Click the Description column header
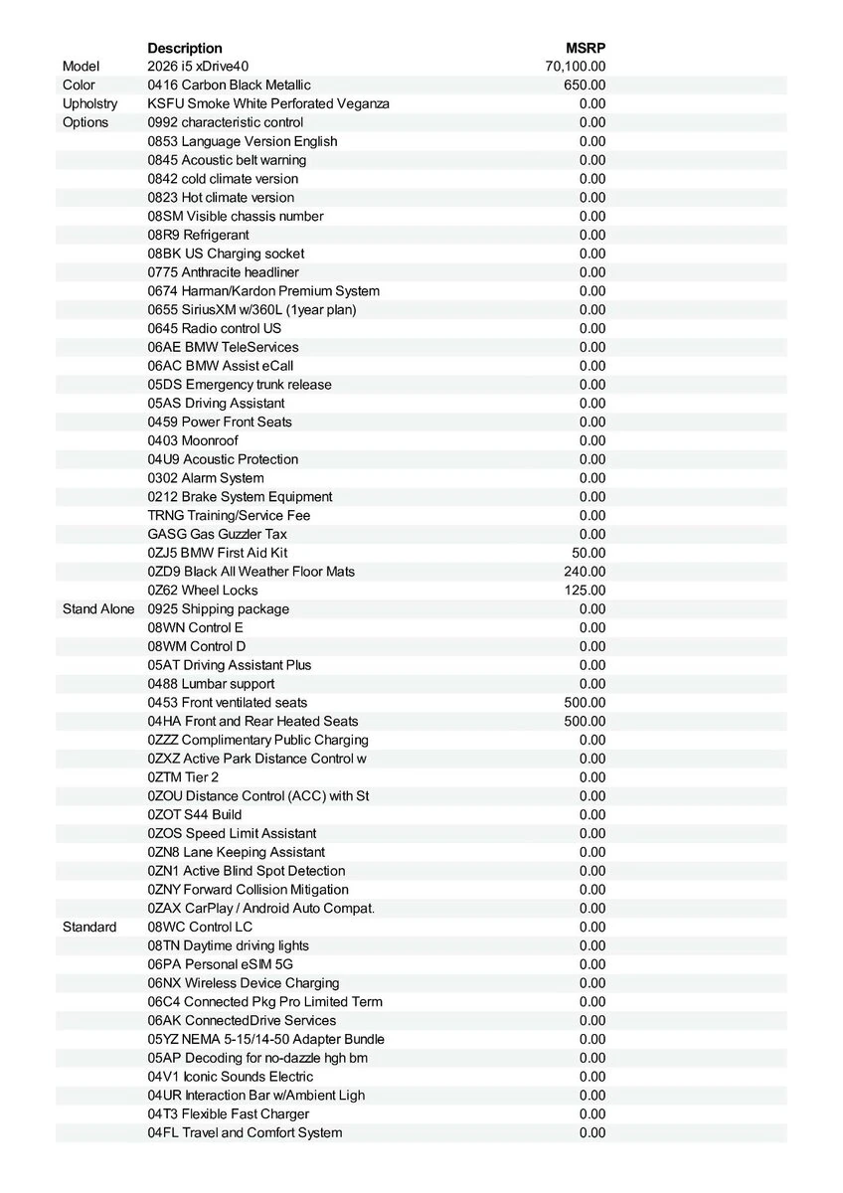185,48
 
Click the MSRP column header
586,48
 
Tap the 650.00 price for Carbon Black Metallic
585,85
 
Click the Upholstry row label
89,103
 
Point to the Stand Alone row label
97,608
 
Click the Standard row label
89,927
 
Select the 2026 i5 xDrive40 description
199,67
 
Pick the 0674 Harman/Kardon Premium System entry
263,290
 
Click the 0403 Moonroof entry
193,440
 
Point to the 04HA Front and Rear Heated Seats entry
253,721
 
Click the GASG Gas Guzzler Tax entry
218,534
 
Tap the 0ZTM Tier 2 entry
183,777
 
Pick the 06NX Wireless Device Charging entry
244,983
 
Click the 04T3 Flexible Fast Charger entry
229,1113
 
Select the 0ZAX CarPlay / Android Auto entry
261,908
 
